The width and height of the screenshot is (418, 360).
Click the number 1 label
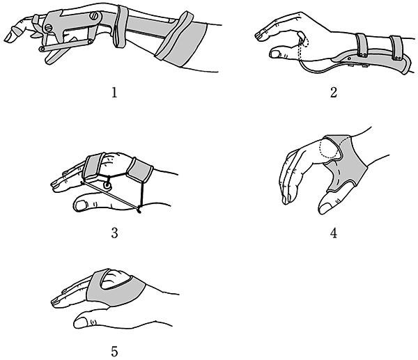point(114,93)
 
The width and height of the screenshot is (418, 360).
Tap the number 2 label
point(334,93)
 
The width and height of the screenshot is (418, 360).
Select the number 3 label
point(114,233)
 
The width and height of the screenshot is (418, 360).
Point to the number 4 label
point(334,233)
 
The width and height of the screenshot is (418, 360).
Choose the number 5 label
point(114,352)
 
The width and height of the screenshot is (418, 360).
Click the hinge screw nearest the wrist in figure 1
point(95,15)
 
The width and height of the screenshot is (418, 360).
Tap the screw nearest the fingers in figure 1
point(48,28)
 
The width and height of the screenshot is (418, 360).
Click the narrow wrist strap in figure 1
point(121,26)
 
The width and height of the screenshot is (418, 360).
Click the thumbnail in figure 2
point(274,54)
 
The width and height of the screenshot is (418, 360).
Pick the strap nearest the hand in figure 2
point(362,45)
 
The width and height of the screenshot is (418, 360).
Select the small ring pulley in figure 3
point(107,186)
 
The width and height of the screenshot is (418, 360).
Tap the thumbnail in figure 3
point(81,205)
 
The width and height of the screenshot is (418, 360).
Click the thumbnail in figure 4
point(326,208)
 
